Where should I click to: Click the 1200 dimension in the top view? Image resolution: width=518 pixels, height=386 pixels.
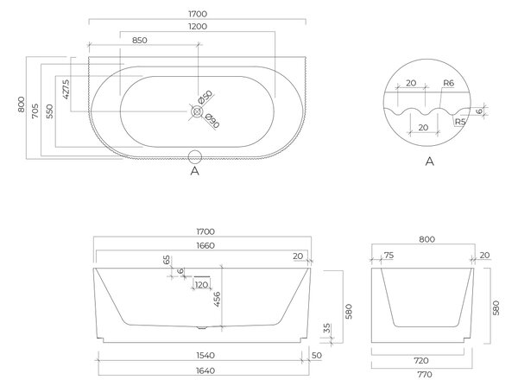(198, 27)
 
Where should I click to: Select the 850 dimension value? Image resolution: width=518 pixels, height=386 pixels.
(139, 41)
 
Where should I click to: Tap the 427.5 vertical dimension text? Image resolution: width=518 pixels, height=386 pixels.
(66, 89)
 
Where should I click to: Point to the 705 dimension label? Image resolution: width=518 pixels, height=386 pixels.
(35, 111)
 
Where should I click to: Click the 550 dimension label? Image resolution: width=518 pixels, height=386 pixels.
(49, 111)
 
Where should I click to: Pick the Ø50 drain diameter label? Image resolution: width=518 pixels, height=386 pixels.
(205, 97)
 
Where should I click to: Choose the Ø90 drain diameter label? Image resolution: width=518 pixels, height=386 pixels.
(212, 121)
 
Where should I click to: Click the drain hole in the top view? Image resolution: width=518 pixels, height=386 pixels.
(197, 111)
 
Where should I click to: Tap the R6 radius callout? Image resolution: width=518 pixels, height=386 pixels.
(448, 83)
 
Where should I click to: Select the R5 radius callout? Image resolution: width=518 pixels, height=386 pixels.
(460, 122)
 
